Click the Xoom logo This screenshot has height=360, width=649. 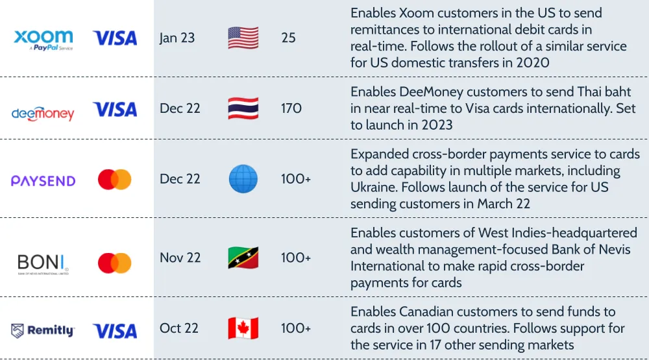point(43,40)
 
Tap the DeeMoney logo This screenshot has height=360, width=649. point(43,114)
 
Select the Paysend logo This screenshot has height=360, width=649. point(43,181)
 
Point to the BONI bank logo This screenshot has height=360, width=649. point(43,264)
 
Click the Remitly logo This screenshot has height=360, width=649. point(43,331)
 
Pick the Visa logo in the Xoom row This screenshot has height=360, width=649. point(115,38)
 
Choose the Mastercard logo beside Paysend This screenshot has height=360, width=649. point(115,180)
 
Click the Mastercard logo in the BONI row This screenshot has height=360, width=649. point(115,263)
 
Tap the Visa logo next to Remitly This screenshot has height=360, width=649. point(115,331)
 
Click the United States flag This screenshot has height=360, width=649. point(243,38)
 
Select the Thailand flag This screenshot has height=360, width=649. point(243,108)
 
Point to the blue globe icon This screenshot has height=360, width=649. point(243,179)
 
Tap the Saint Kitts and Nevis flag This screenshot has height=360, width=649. point(243,258)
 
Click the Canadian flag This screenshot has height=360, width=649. point(243,328)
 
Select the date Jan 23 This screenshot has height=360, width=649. point(177,38)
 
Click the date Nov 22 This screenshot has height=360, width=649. point(180,258)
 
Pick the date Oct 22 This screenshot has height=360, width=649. point(179,328)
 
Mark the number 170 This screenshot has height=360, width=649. point(291,108)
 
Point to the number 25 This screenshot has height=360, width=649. point(289,38)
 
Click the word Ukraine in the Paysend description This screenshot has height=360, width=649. point(374,187)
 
